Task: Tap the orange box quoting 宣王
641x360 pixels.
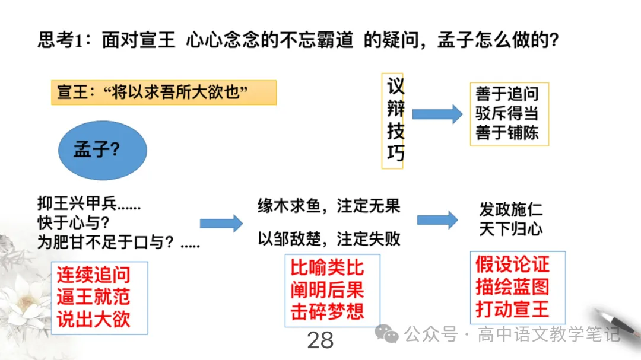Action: (164, 93)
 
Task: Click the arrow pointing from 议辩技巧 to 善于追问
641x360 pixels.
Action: (437, 114)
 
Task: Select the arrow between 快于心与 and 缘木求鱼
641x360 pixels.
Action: (221, 223)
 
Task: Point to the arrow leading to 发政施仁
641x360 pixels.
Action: (437, 220)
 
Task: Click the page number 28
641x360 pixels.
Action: (320, 340)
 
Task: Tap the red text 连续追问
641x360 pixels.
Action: (93, 275)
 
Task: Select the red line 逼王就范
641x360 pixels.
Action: (93, 297)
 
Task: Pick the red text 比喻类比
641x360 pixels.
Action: (327, 268)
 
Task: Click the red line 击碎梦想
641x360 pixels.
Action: (327, 311)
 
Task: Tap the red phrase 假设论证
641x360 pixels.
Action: (512, 265)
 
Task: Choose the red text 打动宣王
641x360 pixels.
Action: (512, 309)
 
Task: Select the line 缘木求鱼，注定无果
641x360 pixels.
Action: (329, 206)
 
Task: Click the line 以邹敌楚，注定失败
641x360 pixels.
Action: (329, 239)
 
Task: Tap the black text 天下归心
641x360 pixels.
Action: (510, 229)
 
